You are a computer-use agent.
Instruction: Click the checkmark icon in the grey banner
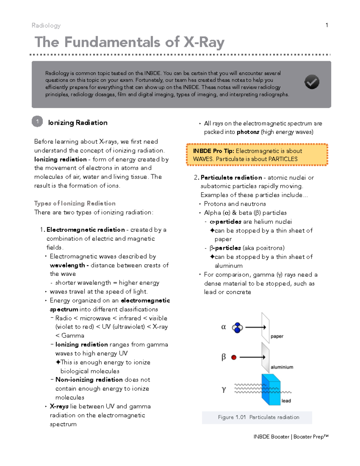[x=312, y=82]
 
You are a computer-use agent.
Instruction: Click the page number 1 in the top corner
[x=327, y=25]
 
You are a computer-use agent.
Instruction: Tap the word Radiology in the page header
[x=46, y=26]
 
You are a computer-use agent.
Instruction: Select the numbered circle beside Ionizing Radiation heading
[x=37, y=122]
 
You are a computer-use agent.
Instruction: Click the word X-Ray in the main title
[x=204, y=42]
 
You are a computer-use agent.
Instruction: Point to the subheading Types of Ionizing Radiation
[x=75, y=203]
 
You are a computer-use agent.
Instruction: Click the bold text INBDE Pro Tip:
[x=213, y=151]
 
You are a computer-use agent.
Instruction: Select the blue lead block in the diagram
[x=271, y=389]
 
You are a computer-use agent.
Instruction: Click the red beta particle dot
[x=234, y=357]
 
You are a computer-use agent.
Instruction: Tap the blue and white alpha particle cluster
[x=237, y=328]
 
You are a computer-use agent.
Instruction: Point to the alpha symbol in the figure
[x=223, y=327]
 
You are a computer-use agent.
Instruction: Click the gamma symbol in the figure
[x=223, y=389]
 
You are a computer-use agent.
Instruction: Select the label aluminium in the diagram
[x=282, y=367]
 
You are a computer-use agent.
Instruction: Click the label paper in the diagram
[x=277, y=336]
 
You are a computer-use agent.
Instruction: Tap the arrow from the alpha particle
[x=256, y=327]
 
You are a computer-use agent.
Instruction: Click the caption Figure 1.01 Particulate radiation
[x=258, y=417]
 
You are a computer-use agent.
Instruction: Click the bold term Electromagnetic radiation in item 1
[x=85, y=230]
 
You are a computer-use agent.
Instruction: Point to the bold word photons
[x=248, y=132]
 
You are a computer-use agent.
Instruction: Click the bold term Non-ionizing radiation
[x=89, y=380]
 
